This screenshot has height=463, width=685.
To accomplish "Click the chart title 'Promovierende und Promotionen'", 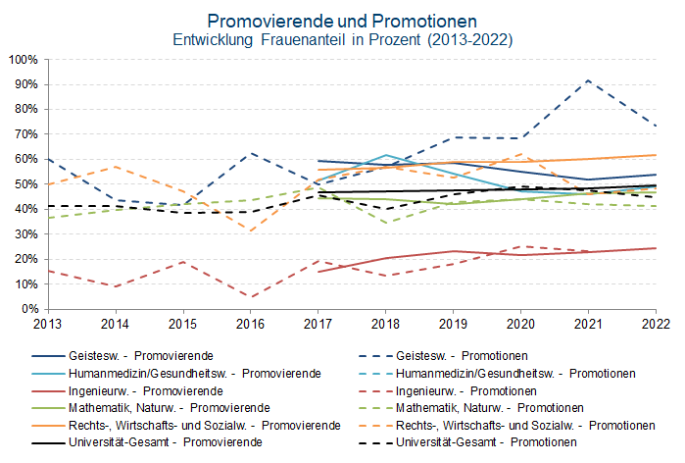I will click(342, 21).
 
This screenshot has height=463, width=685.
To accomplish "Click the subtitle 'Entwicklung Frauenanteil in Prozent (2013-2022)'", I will click(342, 40).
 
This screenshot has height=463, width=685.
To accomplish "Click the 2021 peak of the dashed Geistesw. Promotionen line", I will click(588, 80).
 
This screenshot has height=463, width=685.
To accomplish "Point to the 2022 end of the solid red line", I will click(656, 248).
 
